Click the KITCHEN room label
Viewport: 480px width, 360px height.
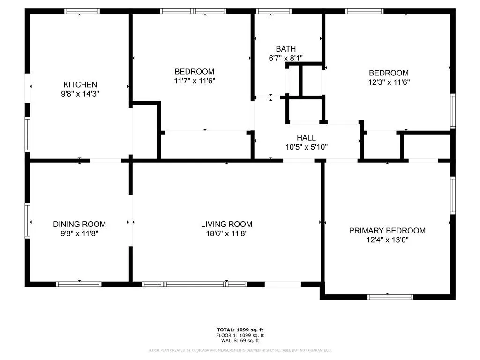[x=80, y=84]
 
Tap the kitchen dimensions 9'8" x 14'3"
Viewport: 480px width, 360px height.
[x=80, y=94]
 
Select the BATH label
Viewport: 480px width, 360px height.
[x=286, y=49]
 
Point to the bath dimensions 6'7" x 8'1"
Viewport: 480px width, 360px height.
[x=285, y=58]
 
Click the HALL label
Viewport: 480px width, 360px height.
[x=306, y=138]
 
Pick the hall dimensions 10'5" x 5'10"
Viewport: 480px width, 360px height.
[x=307, y=147]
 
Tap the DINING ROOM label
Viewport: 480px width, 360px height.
[x=80, y=224]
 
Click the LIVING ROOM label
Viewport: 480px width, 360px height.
[x=227, y=224]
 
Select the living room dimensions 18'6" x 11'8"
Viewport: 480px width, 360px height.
[x=227, y=233]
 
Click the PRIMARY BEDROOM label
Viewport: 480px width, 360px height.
[x=387, y=231]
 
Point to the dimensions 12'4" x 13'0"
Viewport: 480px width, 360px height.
[x=387, y=240]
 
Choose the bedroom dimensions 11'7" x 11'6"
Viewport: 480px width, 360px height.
[x=195, y=81]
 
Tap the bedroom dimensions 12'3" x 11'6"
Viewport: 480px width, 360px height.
[x=389, y=82]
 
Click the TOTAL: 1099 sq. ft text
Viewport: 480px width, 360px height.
[x=240, y=330]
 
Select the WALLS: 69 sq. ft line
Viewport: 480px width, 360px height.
[x=240, y=340]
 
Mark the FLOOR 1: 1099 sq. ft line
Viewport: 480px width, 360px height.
[x=240, y=335]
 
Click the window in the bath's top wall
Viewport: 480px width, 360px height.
[x=274, y=11]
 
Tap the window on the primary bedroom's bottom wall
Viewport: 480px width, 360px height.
[x=390, y=297]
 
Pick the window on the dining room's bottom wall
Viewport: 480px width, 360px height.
[x=79, y=284]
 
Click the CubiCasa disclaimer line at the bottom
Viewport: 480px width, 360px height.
[x=240, y=350]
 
